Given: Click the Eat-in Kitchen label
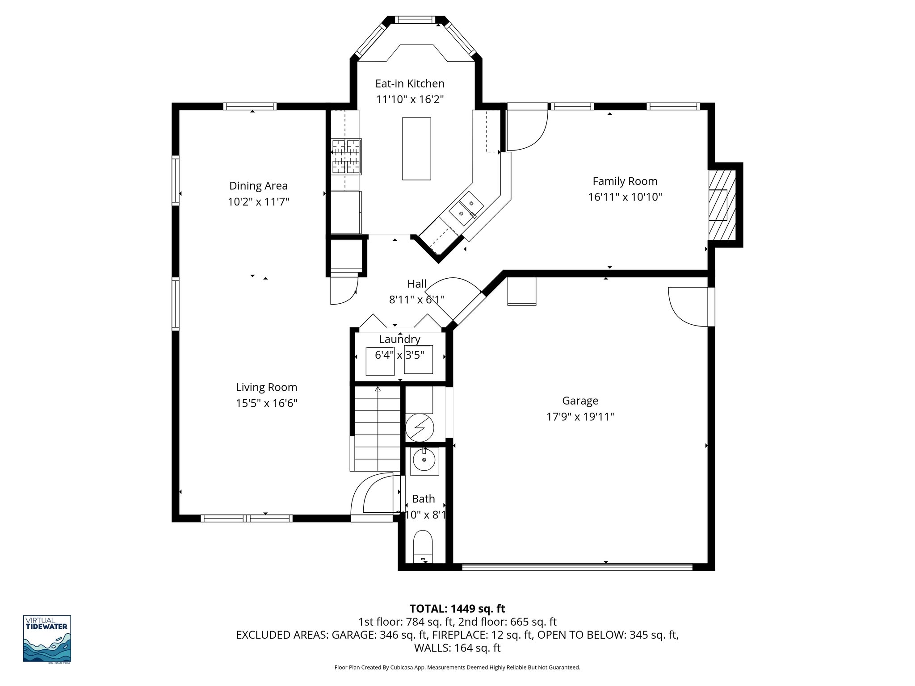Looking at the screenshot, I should click(x=409, y=84).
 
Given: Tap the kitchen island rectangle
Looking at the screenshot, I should click(x=416, y=149).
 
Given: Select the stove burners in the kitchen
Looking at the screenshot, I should click(x=346, y=156).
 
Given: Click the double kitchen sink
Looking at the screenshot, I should click(x=466, y=209).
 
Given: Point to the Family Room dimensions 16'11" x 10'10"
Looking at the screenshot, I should click(x=625, y=197).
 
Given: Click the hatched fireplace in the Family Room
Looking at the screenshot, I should click(x=722, y=205).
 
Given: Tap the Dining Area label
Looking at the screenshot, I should click(x=258, y=186).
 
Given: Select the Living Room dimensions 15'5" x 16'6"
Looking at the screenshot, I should click(x=266, y=403).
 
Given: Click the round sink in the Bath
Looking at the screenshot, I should click(x=424, y=460).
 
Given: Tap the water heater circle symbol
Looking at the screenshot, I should click(x=420, y=427).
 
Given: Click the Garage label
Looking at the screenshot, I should click(x=580, y=401).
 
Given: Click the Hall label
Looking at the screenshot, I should click(x=416, y=284).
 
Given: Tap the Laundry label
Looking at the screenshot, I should click(x=399, y=339).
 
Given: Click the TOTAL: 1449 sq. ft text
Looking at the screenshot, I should click(x=457, y=608).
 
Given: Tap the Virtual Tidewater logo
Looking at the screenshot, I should click(x=47, y=639).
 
